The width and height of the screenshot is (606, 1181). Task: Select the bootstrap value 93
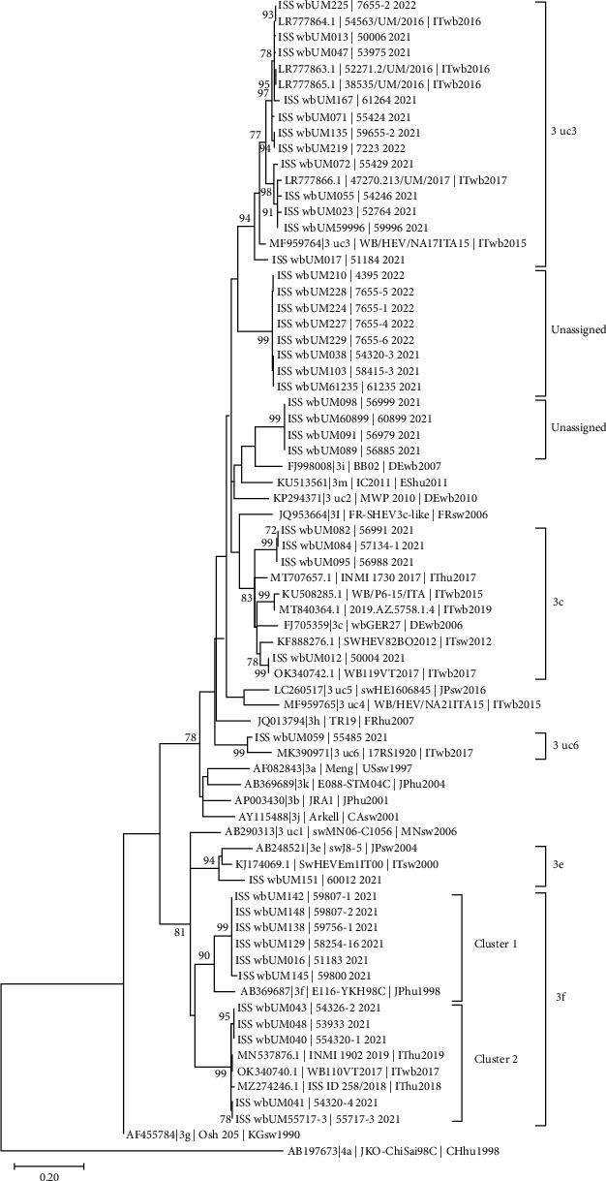point(268,15)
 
